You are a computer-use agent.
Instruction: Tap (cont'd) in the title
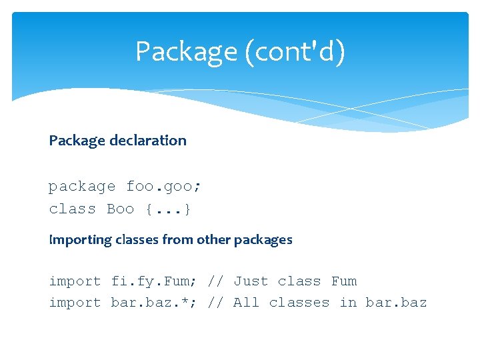pos(295,52)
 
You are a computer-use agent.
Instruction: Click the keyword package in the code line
pos(82,187)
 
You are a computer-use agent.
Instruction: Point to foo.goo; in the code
pos(164,187)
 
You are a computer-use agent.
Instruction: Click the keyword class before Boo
pos(72,209)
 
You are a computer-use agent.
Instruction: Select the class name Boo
pos(120,209)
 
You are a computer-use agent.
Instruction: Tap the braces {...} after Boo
pos(168,209)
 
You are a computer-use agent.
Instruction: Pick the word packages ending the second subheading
pos(263,240)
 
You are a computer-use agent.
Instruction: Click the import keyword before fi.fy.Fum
pos(75,281)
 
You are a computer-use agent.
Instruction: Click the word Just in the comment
pos(251,281)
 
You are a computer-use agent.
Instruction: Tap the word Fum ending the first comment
pos(344,281)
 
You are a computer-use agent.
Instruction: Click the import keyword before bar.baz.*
pos(75,303)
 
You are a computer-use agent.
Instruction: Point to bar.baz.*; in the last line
pos(154,303)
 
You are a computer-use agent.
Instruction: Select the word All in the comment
pos(246,303)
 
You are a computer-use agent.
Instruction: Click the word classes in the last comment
pos(299,303)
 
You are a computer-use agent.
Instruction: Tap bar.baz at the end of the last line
pos(396,303)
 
